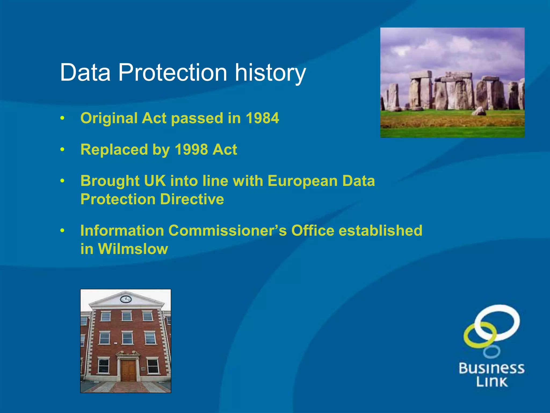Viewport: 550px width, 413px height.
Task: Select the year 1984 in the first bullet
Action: point(262,118)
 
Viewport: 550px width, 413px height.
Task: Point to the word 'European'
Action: point(302,181)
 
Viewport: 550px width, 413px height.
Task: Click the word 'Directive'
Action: point(192,199)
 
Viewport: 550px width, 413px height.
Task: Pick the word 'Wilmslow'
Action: point(133,249)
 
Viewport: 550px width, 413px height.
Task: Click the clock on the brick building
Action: point(126,299)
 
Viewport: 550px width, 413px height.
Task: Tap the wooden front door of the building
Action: point(128,371)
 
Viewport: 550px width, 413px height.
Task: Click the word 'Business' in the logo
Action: point(491,368)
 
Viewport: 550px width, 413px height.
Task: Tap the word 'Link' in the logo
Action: point(492,382)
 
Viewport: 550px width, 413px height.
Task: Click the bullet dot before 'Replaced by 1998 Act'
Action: point(62,149)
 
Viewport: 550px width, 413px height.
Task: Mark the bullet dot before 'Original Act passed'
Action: point(62,118)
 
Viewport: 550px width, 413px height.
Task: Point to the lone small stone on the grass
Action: point(479,111)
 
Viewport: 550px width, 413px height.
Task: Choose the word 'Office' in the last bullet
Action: point(313,230)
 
